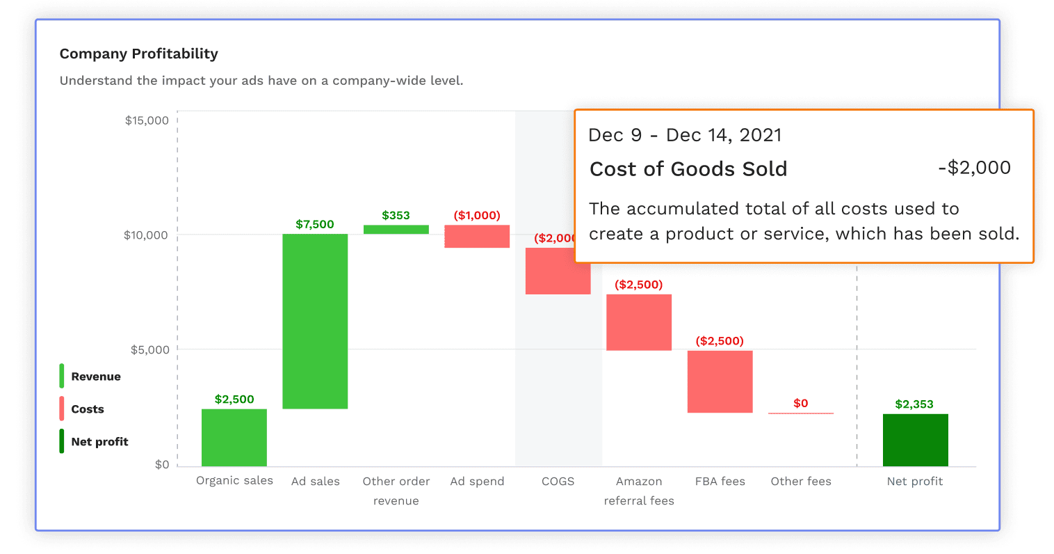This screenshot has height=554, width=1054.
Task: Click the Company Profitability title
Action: [x=139, y=54]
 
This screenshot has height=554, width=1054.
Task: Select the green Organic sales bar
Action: [x=234, y=437]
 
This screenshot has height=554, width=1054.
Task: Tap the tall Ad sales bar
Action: [x=315, y=321]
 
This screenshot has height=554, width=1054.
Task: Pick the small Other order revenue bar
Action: [x=396, y=229]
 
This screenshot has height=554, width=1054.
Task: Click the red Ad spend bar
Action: [x=477, y=237]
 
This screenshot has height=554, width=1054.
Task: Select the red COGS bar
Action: [x=558, y=271]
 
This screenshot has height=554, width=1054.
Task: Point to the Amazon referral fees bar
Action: [x=639, y=322]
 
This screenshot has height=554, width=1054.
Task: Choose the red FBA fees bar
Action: [x=720, y=381]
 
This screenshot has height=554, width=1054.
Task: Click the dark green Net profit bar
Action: [x=915, y=440]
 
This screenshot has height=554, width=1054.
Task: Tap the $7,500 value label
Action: [x=315, y=224]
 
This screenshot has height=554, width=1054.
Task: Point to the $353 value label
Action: [x=396, y=215]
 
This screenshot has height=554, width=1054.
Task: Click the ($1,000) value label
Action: [x=477, y=215]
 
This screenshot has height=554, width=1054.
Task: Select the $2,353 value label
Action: [x=914, y=404]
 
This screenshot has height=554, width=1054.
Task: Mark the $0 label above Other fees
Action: [x=801, y=403]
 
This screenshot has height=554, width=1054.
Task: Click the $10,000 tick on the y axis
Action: [x=146, y=235]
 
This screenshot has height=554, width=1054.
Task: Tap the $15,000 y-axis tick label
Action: [x=147, y=120]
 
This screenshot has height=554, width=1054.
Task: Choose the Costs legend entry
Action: [x=88, y=409]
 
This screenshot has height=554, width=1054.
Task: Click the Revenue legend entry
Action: [x=96, y=377]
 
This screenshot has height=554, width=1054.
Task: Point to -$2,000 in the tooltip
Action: [x=974, y=168]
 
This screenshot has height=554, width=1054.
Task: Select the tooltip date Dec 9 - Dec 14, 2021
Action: [x=685, y=135]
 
